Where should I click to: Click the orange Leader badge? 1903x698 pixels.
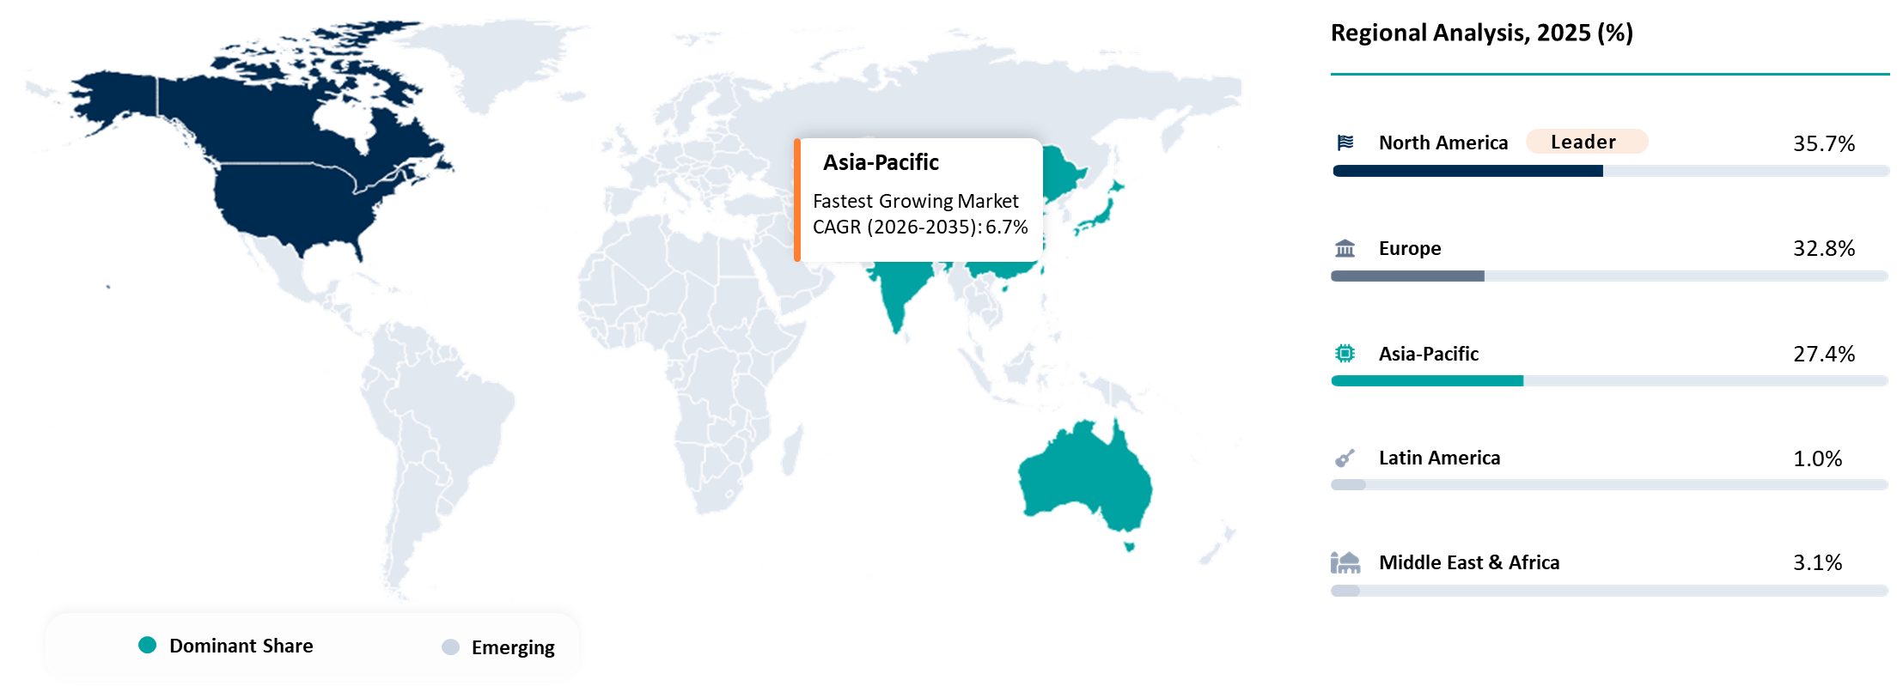tap(1586, 142)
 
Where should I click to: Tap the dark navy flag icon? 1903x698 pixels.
tap(1345, 143)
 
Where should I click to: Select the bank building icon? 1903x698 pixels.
tap(1345, 248)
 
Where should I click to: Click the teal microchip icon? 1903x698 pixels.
tap(1345, 353)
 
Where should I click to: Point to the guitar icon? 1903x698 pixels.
tap(1345, 458)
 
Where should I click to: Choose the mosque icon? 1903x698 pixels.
tap(1345, 562)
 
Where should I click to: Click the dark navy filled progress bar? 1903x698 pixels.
tap(1467, 171)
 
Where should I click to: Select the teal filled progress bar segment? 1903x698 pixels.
tap(1427, 380)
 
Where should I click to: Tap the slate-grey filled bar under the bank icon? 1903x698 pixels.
tap(1407, 276)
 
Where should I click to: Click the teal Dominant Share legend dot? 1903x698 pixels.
tap(148, 645)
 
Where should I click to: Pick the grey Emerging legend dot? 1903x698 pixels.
tap(450, 646)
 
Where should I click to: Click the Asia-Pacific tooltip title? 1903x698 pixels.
tap(881, 162)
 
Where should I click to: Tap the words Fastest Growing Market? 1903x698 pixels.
tap(915, 201)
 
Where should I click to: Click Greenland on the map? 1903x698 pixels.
tap(498, 60)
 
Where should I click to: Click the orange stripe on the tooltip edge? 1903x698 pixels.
tap(797, 200)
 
